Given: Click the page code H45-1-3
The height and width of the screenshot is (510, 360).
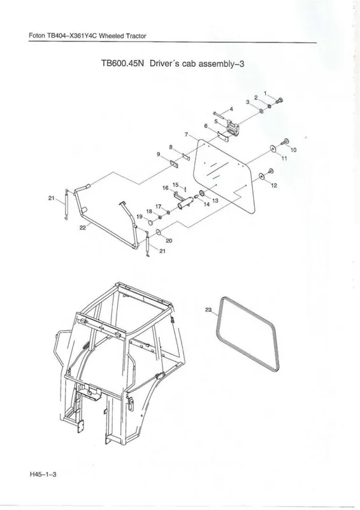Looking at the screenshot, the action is (x=43, y=474).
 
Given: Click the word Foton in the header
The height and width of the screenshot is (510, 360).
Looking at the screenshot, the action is (x=37, y=36).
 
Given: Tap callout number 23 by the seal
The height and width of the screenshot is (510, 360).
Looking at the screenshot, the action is (x=208, y=310).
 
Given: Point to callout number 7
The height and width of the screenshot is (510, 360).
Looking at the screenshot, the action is (x=186, y=135).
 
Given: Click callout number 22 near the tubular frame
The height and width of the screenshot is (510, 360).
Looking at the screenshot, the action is (x=83, y=228).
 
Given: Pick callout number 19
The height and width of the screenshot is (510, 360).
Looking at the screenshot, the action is (x=139, y=217).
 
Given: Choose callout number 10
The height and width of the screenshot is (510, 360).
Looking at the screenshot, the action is (x=293, y=150).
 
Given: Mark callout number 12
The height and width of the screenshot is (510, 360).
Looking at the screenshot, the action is (x=274, y=186).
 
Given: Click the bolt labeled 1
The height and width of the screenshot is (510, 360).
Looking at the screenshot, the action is (x=279, y=101).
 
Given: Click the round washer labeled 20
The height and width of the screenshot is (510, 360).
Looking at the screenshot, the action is (x=159, y=232).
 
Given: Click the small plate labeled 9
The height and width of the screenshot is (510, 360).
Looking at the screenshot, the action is (x=174, y=164).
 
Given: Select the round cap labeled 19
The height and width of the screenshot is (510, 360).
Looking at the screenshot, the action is (x=151, y=222).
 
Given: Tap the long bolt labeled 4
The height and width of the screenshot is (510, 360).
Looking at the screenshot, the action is (x=220, y=113).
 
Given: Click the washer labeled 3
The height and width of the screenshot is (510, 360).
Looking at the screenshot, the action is (x=261, y=111).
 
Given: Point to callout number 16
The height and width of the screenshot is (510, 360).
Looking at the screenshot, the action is (x=165, y=188).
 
